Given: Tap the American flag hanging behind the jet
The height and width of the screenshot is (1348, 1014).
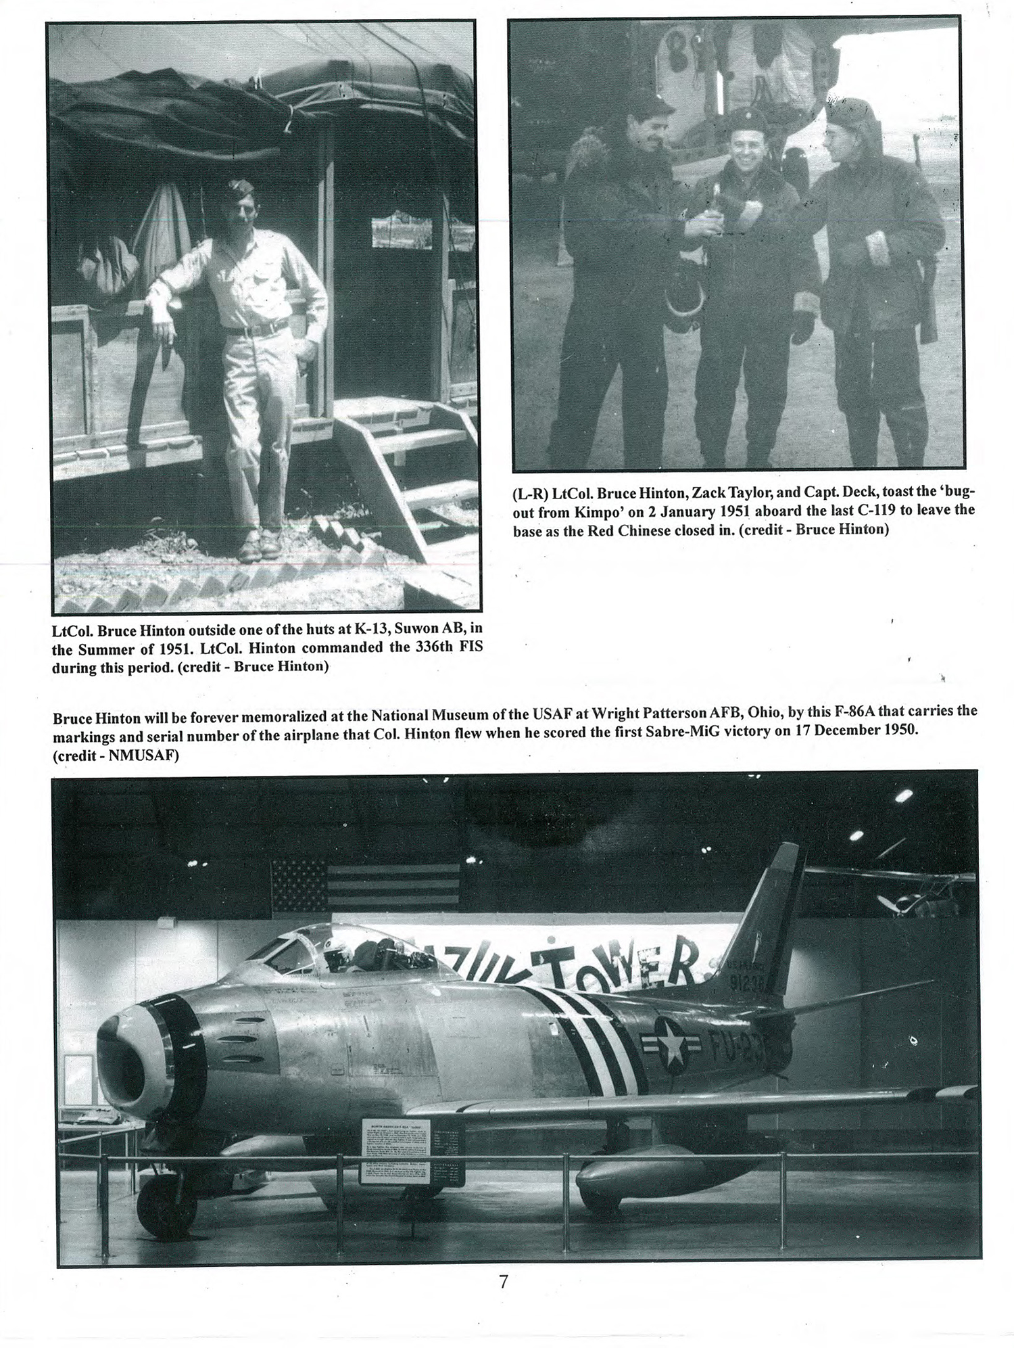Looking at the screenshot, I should (365, 885).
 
